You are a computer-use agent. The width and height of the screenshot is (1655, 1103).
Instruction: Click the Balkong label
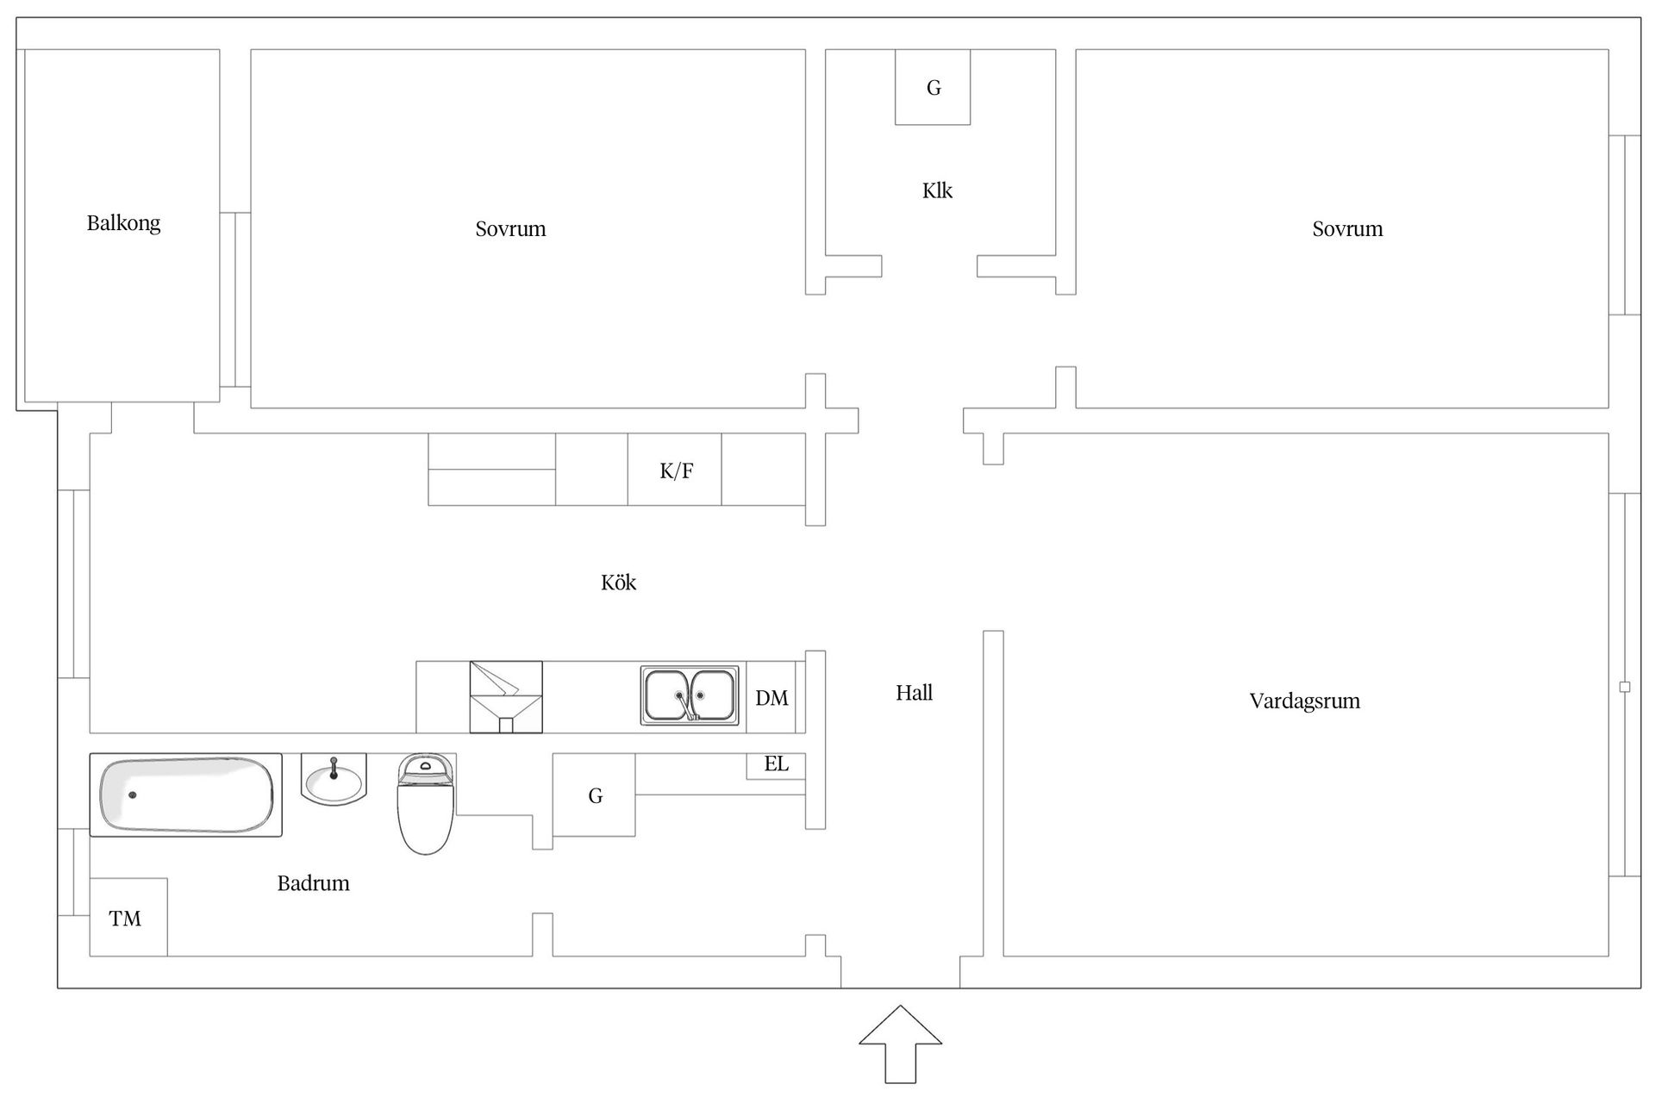123,223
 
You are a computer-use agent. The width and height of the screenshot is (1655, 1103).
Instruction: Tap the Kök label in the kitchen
618,583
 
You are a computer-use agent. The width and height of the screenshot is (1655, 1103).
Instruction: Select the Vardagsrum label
1304,701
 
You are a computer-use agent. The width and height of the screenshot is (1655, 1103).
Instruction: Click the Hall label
914,693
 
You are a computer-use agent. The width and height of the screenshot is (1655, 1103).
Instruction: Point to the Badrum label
313,883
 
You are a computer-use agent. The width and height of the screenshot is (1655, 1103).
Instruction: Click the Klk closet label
937,190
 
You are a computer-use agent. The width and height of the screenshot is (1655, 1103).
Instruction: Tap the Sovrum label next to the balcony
510,229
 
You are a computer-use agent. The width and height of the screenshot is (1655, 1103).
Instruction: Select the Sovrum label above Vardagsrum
1347,229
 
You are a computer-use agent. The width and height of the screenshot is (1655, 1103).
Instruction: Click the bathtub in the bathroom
185,795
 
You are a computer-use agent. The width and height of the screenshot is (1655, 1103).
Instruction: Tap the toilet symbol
425,803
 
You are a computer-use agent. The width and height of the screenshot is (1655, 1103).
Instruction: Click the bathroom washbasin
334,779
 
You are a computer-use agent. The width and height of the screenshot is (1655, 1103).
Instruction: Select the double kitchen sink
690,695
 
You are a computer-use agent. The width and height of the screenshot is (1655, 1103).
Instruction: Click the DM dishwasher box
771,698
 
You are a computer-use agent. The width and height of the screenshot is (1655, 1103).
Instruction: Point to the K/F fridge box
675,470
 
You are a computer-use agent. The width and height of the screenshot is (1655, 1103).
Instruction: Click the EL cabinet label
776,764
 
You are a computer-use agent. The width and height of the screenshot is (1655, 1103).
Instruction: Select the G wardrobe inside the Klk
933,87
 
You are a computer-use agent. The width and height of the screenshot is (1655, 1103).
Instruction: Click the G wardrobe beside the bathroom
594,795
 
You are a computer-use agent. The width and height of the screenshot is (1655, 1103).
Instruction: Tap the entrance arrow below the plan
900,1044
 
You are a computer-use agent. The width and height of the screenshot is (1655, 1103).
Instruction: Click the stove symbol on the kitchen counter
506,697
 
